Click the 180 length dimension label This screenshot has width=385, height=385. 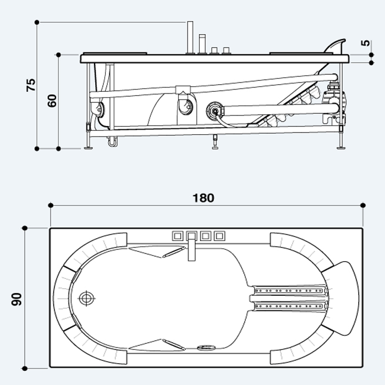[x=204, y=198]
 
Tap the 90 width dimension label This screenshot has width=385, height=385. [x=16, y=299]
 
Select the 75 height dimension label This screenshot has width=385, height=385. [x=31, y=85]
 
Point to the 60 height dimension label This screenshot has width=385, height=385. [x=52, y=101]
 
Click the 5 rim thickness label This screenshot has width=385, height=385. [x=365, y=43]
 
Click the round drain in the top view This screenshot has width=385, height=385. [x=86, y=298]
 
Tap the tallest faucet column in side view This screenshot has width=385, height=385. [x=190, y=37]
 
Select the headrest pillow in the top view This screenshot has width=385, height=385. [x=342, y=299]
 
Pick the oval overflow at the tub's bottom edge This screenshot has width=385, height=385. [x=206, y=348]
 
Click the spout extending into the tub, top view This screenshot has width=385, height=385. [x=191, y=247]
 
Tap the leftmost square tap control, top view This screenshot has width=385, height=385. [x=177, y=236]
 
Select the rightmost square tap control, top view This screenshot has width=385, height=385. [x=219, y=236]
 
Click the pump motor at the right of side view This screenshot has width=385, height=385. [x=334, y=103]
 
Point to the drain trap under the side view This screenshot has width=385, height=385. [x=112, y=142]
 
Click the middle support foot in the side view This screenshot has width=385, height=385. [x=216, y=142]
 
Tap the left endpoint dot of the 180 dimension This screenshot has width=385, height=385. [x=51, y=205]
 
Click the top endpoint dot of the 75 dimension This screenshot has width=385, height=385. [x=37, y=23]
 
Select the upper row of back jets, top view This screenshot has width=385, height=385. [x=289, y=291]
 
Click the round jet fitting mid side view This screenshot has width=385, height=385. [x=216, y=111]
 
